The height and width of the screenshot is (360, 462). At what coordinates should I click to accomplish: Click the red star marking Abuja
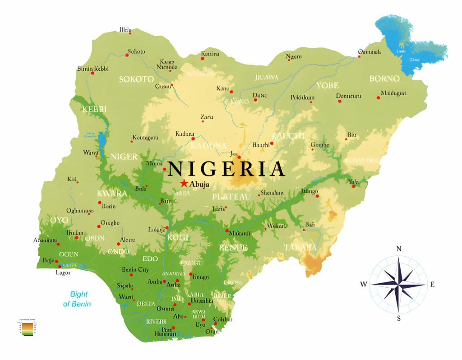click(184, 183)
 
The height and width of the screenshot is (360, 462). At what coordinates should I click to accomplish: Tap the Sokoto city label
click(136, 51)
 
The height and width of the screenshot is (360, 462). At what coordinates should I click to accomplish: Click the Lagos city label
click(63, 272)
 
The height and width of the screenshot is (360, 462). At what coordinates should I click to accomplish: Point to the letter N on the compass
click(398, 249)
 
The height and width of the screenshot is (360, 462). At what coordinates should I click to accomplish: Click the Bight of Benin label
click(77, 299)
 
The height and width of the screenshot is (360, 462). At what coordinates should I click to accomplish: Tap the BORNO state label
click(384, 78)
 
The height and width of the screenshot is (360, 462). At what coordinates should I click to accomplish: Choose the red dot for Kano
click(231, 92)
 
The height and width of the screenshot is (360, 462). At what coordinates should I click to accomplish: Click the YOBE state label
click(328, 85)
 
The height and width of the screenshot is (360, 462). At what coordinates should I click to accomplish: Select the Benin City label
click(135, 270)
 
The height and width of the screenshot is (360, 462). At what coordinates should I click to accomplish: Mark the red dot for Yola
click(354, 186)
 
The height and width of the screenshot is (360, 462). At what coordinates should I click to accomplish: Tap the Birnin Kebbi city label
click(93, 69)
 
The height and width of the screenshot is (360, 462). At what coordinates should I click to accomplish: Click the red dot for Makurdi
click(227, 231)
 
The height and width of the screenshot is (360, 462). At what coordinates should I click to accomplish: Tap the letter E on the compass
click(432, 284)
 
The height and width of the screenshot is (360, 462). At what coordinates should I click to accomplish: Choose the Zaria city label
click(207, 117)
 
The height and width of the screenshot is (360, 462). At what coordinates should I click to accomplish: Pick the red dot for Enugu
click(190, 274)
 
